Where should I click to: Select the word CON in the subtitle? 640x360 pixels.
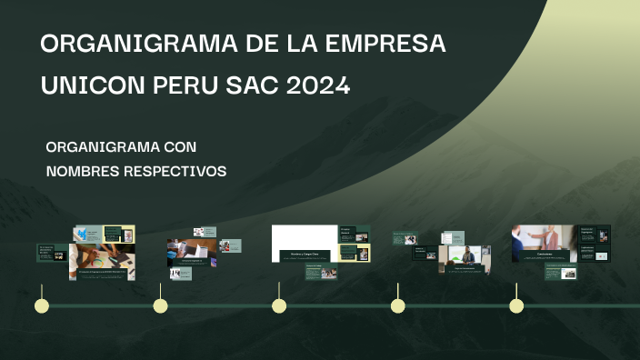(180, 146)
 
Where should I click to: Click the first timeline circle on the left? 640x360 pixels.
(41, 305)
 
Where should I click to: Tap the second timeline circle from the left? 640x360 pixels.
(160, 305)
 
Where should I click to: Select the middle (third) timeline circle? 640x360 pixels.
(279, 305)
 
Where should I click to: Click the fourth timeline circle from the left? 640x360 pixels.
(397, 305)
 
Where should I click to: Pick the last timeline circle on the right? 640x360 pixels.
(516, 305)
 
